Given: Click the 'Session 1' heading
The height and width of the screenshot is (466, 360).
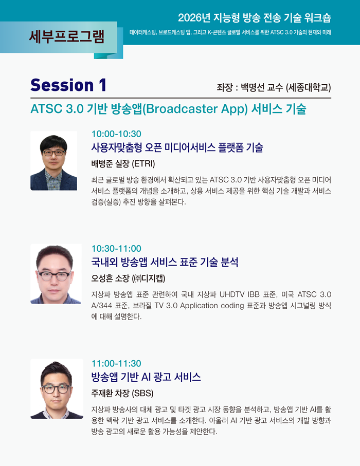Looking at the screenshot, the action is tap(68, 85).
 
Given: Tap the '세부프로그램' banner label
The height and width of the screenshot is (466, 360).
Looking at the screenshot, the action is tap(67, 36).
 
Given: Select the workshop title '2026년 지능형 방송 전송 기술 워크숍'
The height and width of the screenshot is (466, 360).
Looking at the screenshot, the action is tap(255, 17).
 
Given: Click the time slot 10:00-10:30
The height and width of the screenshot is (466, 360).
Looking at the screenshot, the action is tap(116, 134).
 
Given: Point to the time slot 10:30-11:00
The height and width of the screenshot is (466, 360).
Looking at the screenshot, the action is tap(116, 249).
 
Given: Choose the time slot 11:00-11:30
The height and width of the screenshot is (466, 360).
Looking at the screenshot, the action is tap(116, 363).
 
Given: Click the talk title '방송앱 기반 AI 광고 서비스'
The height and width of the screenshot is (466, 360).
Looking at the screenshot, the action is tap(146, 377).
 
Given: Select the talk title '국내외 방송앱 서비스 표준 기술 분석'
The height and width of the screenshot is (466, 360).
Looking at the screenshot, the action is tap(165, 262).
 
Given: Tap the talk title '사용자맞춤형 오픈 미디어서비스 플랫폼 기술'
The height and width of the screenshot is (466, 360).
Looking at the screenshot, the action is tap(177, 147).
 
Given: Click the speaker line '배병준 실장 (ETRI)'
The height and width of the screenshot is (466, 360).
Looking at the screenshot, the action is tap(123, 163).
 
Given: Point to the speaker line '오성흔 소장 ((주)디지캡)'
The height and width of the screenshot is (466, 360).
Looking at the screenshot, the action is tap(128, 278).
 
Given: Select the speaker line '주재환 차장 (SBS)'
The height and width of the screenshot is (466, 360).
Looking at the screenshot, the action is tap(122, 393).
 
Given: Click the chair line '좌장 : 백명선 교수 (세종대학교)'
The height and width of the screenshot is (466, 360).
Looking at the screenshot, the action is tap(274, 87).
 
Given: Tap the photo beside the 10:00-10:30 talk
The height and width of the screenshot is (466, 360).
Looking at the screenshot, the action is tap(53, 160).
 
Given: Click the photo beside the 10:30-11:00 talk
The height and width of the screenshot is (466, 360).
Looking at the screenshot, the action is tap(56, 274).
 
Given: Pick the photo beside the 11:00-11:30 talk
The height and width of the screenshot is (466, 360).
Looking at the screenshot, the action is tap(57, 389).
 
